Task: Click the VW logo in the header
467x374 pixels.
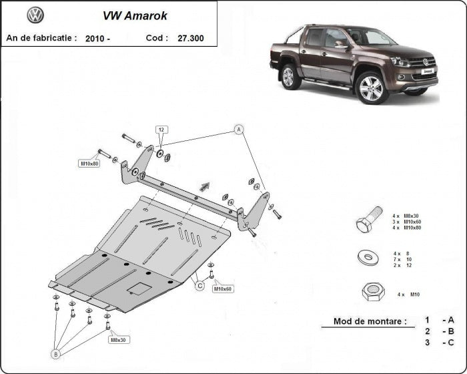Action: pyautogui.click(x=35, y=15)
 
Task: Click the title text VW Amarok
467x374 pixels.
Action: pyautogui.click(x=135, y=15)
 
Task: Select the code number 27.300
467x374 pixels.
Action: pyautogui.click(x=191, y=38)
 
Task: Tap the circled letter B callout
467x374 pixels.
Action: pyautogui.click(x=55, y=354)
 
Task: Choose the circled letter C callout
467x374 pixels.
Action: pyautogui.click(x=199, y=287)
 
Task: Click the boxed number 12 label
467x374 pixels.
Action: pyautogui.click(x=162, y=128)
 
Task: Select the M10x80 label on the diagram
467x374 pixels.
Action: pyautogui.click(x=89, y=164)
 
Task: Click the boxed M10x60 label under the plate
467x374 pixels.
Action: pyautogui.click(x=222, y=289)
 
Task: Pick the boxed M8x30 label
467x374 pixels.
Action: pyautogui.click(x=117, y=340)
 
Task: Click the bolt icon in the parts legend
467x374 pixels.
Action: pyautogui.click(x=368, y=220)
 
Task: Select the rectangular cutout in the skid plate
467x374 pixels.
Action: pyautogui.click(x=141, y=289)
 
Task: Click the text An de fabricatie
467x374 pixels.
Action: pyautogui.click(x=41, y=38)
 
